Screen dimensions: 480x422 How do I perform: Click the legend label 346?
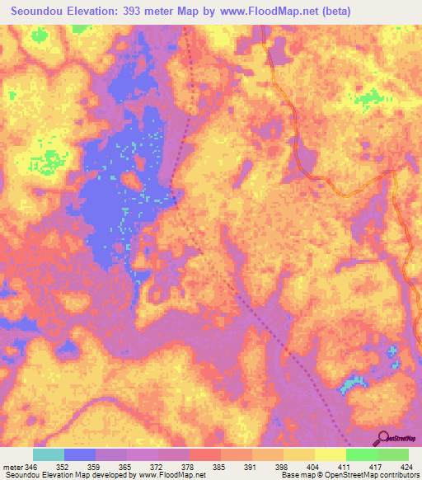pyautogui.click(x=31, y=466)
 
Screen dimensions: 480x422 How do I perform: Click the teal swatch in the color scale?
pyautogui.click(x=49, y=454)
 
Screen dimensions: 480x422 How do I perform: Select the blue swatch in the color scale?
pyautogui.click(x=80, y=454)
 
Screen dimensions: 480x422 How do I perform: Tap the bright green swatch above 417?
pyautogui.click(x=362, y=454)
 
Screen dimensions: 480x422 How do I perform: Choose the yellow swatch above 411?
pyautogui.click(x=331, y=454)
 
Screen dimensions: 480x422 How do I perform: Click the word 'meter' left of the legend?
pyautogui.click(x=12, y=466)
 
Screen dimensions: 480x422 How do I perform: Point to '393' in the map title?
pyautogui.click(x=148, y=12)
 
